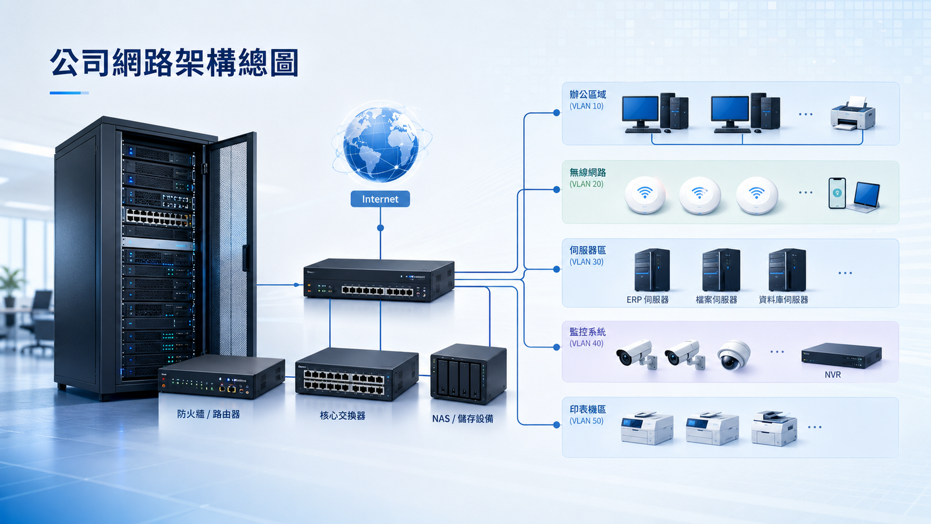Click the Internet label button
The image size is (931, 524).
[380, 199]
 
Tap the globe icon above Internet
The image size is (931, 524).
[381, 144]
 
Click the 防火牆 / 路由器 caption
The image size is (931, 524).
[209, 414]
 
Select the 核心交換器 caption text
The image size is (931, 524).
[343, 416]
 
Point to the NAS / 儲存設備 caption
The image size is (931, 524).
[463, 419]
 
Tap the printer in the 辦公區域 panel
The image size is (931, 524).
[853, 113]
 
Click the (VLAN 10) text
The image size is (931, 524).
[587, 106]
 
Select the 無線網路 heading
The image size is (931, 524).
[588, 172]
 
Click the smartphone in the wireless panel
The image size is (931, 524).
[837, 193]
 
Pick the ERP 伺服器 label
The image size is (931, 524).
[648, 299]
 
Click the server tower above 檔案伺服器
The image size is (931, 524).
[721, 270]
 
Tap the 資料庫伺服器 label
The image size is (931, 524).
[783, 299]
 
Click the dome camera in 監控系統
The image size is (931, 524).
[734, 355]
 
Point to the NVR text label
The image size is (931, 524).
[833, 375]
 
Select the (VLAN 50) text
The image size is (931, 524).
[587, 421]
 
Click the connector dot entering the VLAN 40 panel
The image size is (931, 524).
[556, 347]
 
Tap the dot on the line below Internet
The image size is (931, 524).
[381, 228]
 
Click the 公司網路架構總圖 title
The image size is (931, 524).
[174, 63]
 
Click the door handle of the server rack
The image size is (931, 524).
[246, 258]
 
